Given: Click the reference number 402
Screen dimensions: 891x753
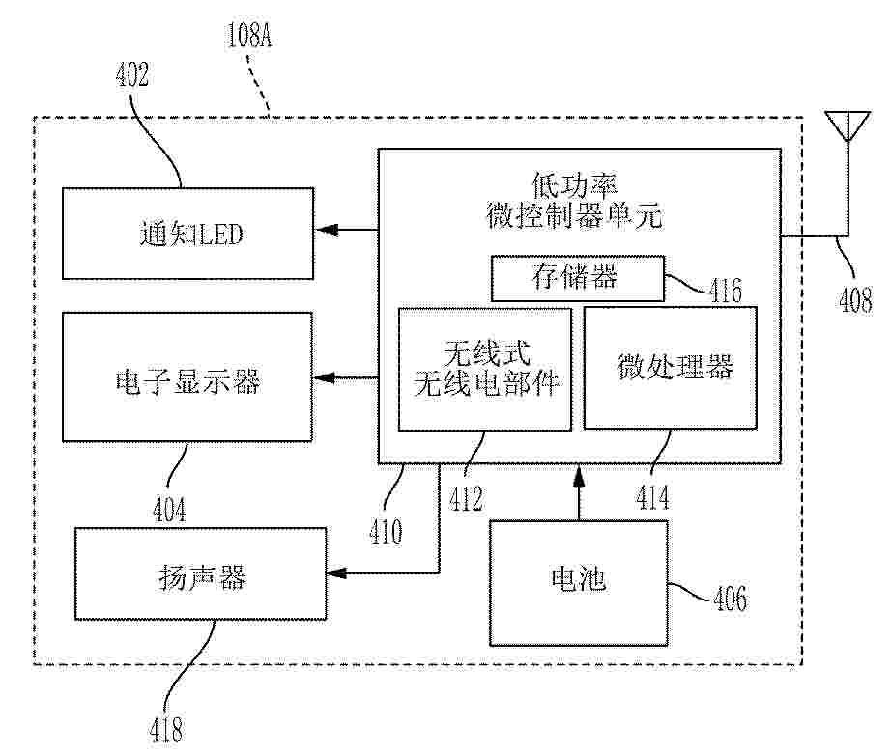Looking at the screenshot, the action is (132, 74).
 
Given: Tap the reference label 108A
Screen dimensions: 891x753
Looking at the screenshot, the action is (249, 35).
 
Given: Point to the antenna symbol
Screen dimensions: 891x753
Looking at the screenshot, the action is (848, 125).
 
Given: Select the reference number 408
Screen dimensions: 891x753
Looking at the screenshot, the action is (856, 299).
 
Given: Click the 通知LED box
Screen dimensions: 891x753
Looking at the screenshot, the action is (187, 234).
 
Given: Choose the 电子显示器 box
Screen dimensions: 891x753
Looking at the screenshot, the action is (187, 376).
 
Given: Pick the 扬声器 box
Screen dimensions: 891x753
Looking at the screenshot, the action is (201, 573).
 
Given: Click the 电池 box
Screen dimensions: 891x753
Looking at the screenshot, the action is (579, 583).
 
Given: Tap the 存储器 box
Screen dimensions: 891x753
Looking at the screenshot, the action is (577, 278).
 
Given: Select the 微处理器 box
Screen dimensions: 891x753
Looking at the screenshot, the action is (671, 368).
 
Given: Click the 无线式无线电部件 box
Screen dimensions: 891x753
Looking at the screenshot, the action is (485, 370).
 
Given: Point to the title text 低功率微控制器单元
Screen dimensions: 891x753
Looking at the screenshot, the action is (574, 200).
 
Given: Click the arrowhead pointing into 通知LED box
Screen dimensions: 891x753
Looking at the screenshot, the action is (328, 230).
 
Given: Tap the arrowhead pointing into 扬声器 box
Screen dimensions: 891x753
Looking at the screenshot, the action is (338, 573).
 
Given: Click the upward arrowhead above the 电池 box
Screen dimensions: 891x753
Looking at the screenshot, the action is (579, 476).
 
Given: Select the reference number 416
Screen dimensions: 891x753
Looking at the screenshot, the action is (726, 291).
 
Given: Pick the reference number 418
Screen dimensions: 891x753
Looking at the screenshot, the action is (166, 730).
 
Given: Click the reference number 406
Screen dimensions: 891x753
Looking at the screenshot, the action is (731, 599).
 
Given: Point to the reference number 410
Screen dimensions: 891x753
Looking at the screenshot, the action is (386, 532).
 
